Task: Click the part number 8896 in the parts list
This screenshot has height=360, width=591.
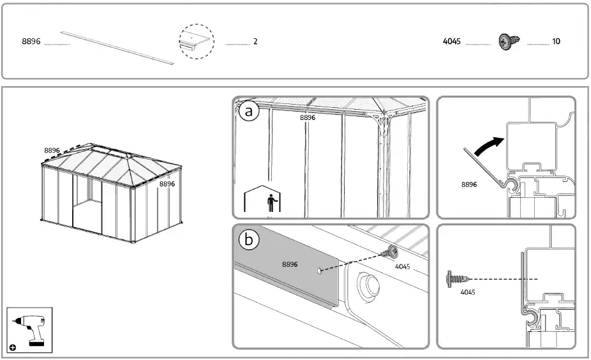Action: (31, 41)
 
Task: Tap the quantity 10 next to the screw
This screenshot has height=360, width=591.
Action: (556, 41)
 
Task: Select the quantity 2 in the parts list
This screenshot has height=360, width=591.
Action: (255, 41)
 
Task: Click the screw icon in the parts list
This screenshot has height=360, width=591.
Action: (510, 41)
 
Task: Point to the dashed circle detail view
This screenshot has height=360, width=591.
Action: (196, 41)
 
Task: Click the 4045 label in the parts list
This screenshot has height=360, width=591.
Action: (452, 41)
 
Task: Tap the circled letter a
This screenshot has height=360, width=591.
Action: (250, 112)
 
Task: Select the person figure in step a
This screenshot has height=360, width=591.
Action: (272, 203)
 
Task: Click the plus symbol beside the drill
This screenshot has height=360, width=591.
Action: (13, 347)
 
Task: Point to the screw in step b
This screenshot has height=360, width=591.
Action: (387, 253)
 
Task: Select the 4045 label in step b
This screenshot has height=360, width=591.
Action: (403, 266)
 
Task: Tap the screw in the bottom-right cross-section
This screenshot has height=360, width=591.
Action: (456, 279)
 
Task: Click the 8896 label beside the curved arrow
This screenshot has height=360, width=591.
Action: (470, 184)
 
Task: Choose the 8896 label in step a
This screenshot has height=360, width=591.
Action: (308, 117)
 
